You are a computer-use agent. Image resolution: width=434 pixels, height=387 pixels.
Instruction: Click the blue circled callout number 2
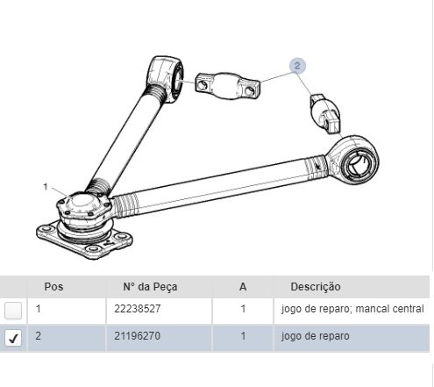(x=297, y=66)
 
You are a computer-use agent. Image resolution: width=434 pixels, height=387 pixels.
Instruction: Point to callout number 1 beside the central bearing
(x=46, y=186)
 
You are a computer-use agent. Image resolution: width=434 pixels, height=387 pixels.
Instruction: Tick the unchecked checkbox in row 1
(x=13, y=311)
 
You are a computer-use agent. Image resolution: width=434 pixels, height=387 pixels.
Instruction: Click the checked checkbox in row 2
(x=13, y=338)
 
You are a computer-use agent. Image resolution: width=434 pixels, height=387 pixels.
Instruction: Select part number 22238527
(x=138, y=309)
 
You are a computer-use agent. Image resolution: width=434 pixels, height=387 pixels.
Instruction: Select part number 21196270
(x=138, y=336)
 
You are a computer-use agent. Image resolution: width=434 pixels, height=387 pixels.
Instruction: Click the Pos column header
(x=53, y=287)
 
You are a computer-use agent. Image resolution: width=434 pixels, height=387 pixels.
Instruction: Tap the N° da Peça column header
(x=150, y=287)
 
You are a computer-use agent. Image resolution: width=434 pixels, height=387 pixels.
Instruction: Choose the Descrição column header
(x=316, y=287)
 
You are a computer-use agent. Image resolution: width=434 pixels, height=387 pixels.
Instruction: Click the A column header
(x=243, y=287)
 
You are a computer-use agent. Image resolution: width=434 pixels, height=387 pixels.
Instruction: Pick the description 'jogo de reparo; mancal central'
(x=352, y=309)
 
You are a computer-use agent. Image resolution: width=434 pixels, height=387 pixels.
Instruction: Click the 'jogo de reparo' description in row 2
(x=316, y=336)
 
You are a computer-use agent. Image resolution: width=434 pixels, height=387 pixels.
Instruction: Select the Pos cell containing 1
(x=39, y=309)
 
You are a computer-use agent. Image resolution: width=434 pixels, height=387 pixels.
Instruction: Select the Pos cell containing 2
(x=39, y=336)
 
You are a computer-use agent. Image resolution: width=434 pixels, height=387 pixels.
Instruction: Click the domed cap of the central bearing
(x=82, y=201)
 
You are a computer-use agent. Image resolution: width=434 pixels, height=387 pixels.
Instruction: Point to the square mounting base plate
(x=84, y=241)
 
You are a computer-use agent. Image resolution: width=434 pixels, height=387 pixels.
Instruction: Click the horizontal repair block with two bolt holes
(x=228, y=85)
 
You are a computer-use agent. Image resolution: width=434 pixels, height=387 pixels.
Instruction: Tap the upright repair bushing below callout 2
(x=325, y=114)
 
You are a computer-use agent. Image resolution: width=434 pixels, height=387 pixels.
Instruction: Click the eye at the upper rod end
(x=166, y=78)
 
